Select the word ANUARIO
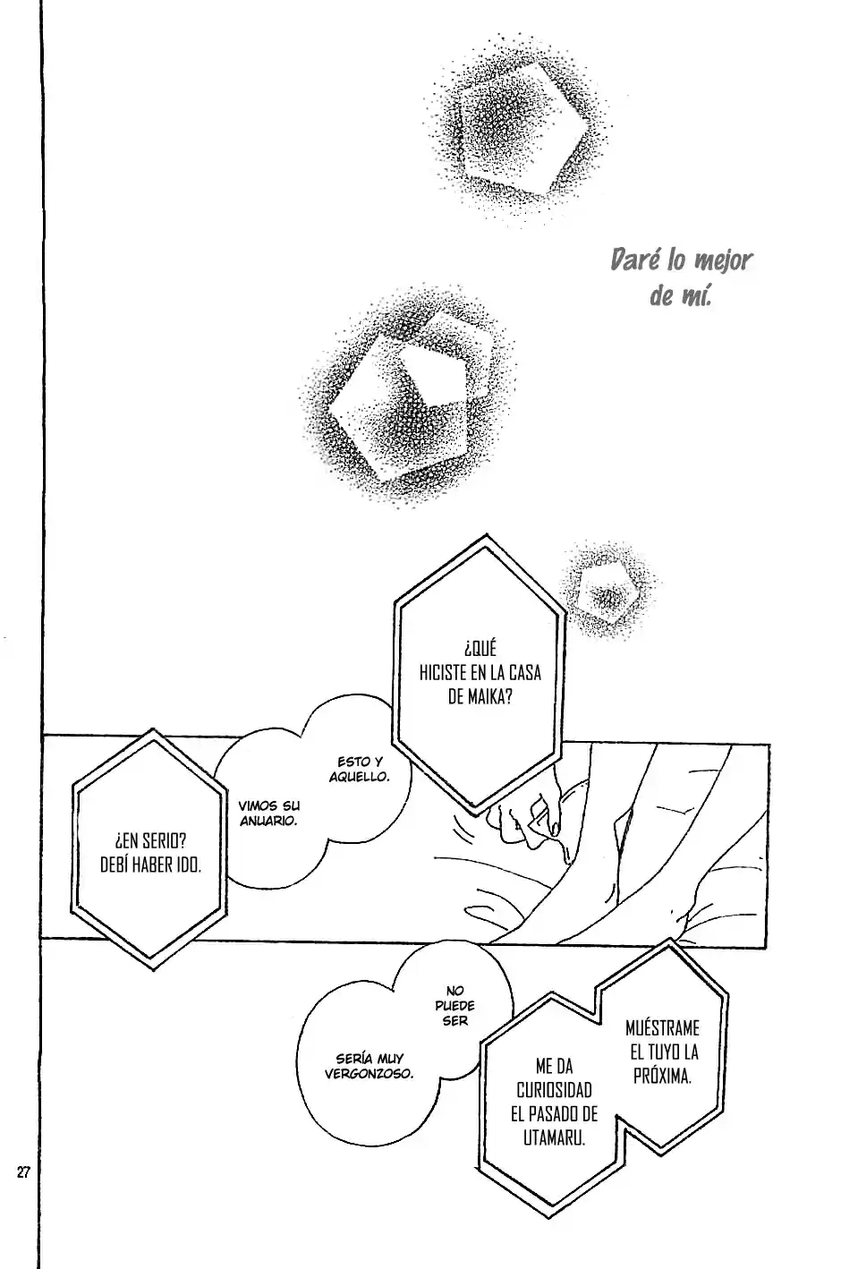coord(268,821)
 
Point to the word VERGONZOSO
coord(369,1074)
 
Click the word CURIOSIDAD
coord(555,1090)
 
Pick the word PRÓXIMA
coord(662,1076)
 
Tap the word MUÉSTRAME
coord(662,1027)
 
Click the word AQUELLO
coord(359,777)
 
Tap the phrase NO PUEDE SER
coord(455,1006)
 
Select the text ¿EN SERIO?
coord(150,840)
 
